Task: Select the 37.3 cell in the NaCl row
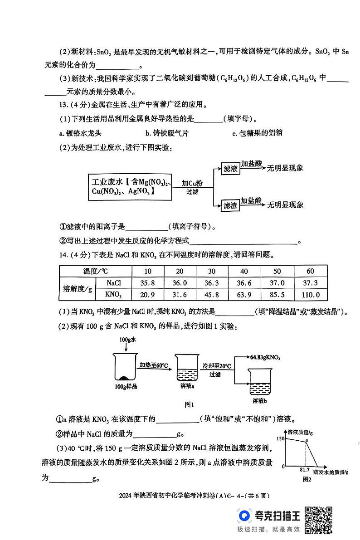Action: (310, 283)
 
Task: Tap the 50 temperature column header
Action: (277, 271)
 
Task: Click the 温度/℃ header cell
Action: (95, 271)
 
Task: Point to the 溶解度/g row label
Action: (77, 289)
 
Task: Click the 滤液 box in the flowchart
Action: (230, 169)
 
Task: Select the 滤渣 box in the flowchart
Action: (230, 205)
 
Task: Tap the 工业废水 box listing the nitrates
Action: (129, 186)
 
